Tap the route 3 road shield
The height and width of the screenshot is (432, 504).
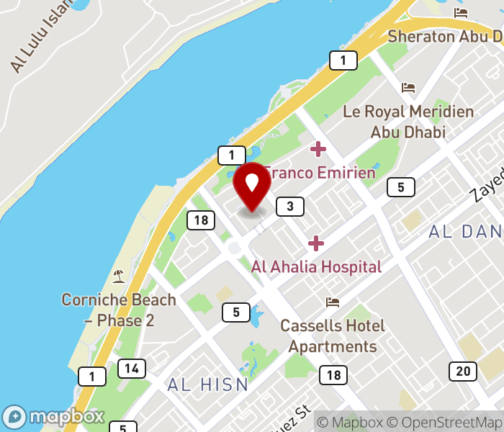[289, 207]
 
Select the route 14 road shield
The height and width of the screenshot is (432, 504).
[132, 369]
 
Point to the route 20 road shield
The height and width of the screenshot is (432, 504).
[462, 371]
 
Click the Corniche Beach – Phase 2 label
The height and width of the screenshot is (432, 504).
[119, 310]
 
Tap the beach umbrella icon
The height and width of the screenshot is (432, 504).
[118, 276]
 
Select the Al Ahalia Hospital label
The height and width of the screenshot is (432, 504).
[316, 266]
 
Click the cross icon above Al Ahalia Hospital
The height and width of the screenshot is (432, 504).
[316, 243]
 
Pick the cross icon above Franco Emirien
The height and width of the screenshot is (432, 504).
[318, 150]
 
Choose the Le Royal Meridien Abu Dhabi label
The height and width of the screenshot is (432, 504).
[408, 122]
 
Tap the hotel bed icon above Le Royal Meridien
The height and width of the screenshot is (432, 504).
[409, 89]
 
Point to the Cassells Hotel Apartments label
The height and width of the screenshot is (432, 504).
[333, 336]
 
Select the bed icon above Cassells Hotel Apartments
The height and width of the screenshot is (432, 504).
[333, 302]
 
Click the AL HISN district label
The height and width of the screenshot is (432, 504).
[208, 384]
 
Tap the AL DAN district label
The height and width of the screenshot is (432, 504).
[465, 232]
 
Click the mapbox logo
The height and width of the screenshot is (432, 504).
[54, 417]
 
